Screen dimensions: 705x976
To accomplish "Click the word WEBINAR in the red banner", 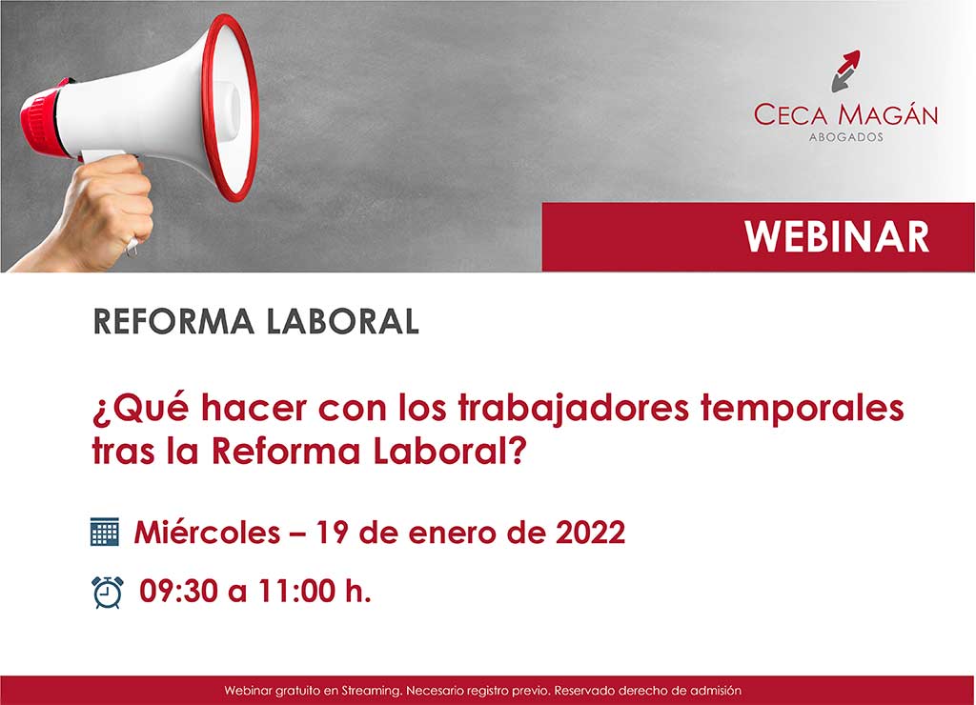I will (x=837, y=236).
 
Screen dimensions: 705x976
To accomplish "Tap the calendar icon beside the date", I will (x=104, y=532).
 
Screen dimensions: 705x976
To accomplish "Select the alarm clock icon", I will (x=107, y=592).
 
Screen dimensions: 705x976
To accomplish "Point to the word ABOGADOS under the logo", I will (x=844, y=137).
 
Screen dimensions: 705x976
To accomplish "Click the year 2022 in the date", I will (x=590, y=533).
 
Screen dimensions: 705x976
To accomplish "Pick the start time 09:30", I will (x=179, y=592).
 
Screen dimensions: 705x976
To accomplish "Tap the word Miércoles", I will (x=206, y=533).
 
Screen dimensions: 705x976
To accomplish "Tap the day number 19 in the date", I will (x=333, y=533).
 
